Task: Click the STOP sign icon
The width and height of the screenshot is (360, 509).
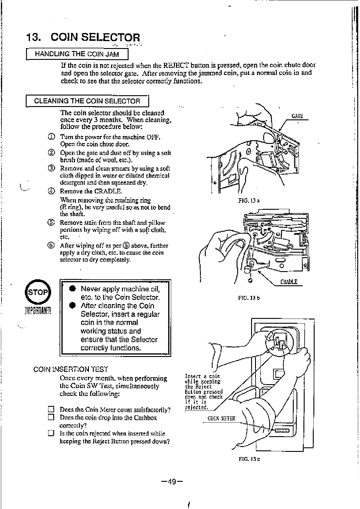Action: [38, 292]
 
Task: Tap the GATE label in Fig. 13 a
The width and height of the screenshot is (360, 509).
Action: [297, 116]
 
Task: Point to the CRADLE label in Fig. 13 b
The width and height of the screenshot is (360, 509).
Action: [289, 282]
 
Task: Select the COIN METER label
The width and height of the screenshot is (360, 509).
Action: [221, 418]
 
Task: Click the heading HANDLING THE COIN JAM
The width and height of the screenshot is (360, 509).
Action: [77, 54]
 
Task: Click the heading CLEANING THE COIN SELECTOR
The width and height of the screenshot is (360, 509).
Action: [87, 101]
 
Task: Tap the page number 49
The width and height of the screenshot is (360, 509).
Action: [172, 481]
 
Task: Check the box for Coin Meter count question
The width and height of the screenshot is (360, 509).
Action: [51, 410]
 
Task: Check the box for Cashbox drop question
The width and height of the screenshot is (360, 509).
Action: [51, 418]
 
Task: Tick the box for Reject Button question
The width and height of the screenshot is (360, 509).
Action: [51, 433]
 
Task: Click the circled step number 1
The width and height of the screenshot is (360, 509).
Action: [51, 137]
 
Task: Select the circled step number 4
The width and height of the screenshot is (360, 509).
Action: [51, 191]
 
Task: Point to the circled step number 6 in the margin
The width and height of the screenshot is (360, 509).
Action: [51, 245]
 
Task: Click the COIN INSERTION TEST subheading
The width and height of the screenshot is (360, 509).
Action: [70, 369]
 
